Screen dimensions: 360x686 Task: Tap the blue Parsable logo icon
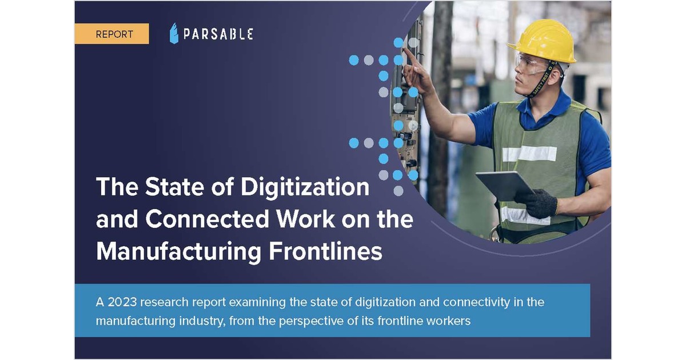tap(174, 34)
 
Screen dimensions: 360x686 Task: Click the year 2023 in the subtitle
tap(119, 302)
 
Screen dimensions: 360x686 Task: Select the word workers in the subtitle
tap(450, 321)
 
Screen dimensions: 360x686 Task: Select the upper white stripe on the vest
tap(529, 153)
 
